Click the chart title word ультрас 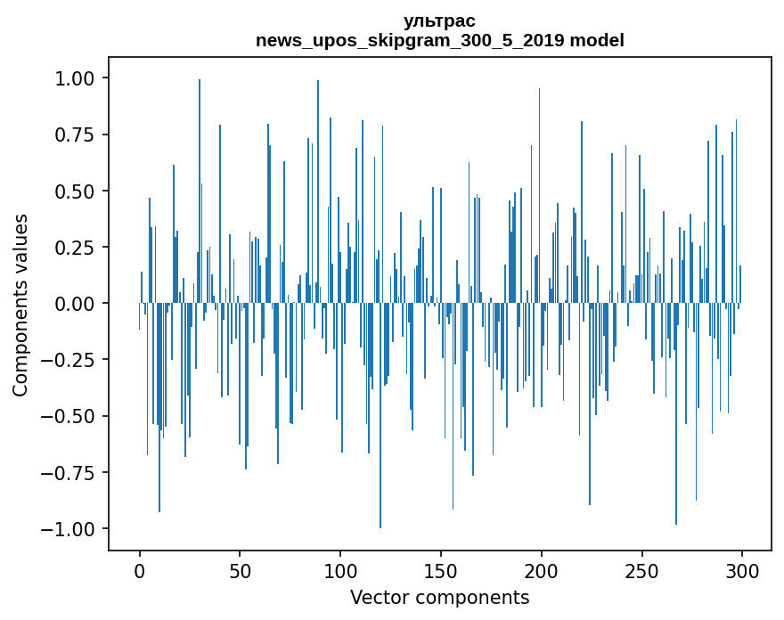pyautogui.click(x=439, y=20)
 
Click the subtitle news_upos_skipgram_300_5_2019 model pyautogui.click(x=439, y=40)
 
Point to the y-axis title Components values pyautogui.click(x=20, y=305)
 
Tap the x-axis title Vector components pyautogui.click(x=439, y=597)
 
